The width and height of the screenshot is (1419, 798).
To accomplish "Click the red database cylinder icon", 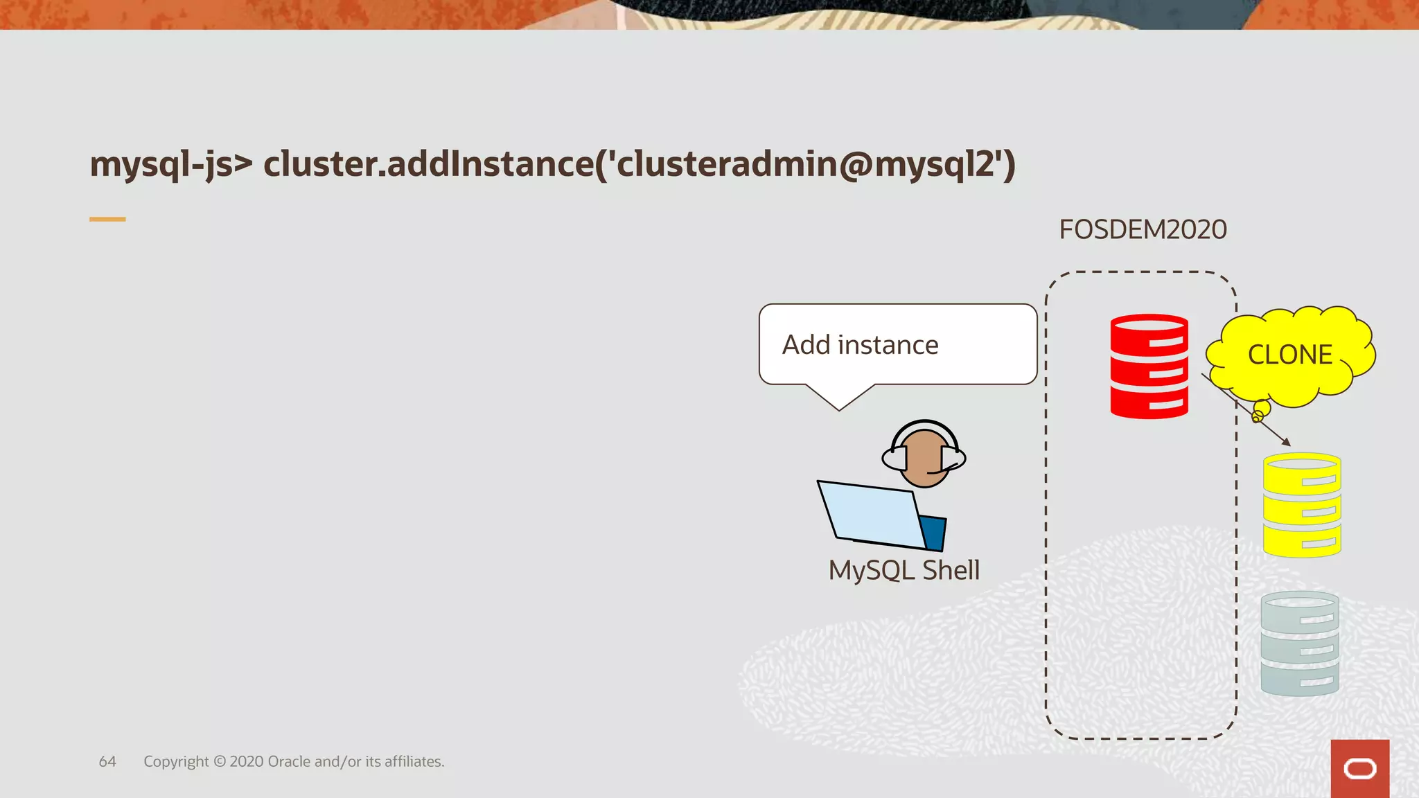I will (x=1149, y=366).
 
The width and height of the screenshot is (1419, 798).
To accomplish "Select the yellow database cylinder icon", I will (x=1302, y=505).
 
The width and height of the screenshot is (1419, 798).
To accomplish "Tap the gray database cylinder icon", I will (x=1300, y=644).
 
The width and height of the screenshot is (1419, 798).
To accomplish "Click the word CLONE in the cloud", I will (x=1290, y=355).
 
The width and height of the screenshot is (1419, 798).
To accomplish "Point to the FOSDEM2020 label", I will (x=1143, y=230).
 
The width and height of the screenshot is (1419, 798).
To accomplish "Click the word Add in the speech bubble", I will (x=806, y=345).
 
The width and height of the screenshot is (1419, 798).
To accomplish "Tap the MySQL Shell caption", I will (x=904, y=570).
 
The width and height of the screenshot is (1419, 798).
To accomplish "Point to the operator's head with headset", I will (x=924, y=456).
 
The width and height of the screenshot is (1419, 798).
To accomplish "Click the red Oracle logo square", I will (x=1359, y=768).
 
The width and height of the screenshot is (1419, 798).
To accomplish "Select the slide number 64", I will (x=107, y=762).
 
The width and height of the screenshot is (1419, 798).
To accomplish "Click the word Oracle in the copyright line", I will (x=289, y=762).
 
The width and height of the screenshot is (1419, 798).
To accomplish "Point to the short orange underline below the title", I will (x=107, y=220).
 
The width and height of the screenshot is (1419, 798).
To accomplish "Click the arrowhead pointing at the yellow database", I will (x=1287, y=442).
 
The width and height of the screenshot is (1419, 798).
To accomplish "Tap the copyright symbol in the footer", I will (x=220, y=762).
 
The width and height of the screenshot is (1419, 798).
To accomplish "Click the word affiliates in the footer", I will (x=414, y=762).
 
